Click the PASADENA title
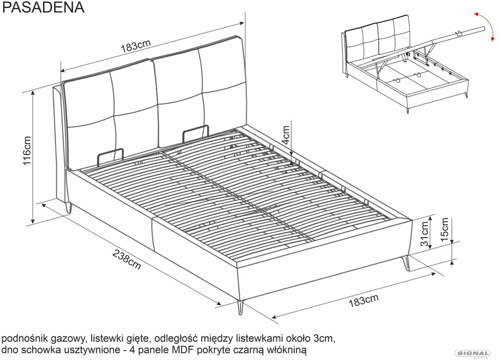click(x=43, y=7)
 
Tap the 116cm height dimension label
click(x=27, y=151)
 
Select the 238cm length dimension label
click(x=126, y=259)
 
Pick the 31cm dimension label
click(x=424, y=234)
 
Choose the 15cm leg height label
click(x=444, y=229)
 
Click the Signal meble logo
click(x=472, y=354)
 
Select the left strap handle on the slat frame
click(x=110, y=156)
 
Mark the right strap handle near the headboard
click(x=196, y=133)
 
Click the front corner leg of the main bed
click(x=241, y=308)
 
